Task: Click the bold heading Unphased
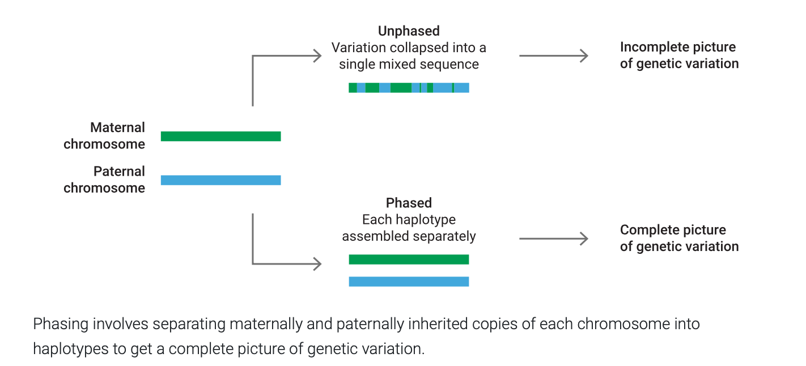(x=409, y=31)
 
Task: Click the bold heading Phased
(x=409, y=203)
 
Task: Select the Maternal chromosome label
(x=104, y=136)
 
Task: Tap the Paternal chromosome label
(x=104, y=180)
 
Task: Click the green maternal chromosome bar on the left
(x=220, y=137)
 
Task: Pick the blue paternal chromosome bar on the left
(x=220, y=180)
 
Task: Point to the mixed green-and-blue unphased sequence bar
(x=409, y=88)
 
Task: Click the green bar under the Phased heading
(x=409, y=259)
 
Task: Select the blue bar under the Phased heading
(x=409, y=282)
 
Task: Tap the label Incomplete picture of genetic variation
(x=679, y=56)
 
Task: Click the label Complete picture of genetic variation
(x=679, y=238)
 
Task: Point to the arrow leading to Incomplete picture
(x=553, y=56)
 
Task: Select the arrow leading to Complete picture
(x=553, y=239)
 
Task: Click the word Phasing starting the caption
(x=60, y=325)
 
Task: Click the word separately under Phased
(x=444, y=236)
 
